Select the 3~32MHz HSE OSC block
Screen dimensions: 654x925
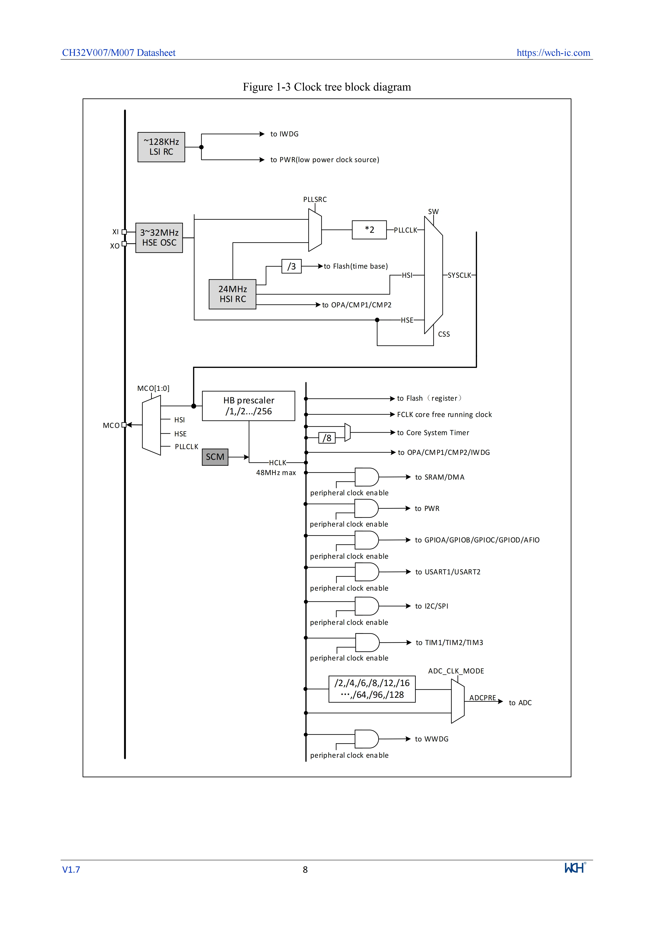pyautogui.click(x=159, y=238)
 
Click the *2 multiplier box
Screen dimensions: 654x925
pyautogui.click(x=369, y=230)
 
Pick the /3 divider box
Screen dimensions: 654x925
pyautogui.click(x=291, y=266)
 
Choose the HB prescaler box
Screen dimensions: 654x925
pyautogui.click(x=248, y=406)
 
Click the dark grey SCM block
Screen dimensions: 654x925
pyautogui.click(x=215, y=457)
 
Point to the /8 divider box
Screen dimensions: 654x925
pyautogui.click(x=327, y=438)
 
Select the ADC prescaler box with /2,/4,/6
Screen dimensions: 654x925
pyautogui.click(x=372, y=689)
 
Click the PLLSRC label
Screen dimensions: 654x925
pyautogui.click(x=315, y=199)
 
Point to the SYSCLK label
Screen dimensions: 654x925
pyautogui.click(x=460, y=275)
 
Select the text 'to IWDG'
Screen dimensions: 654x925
pyautogui.click(x=284, y=134)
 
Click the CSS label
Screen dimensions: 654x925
pyautogui.click(x=444, y=334)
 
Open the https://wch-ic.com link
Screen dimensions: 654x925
pyautogui.click(x=553, y=53)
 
